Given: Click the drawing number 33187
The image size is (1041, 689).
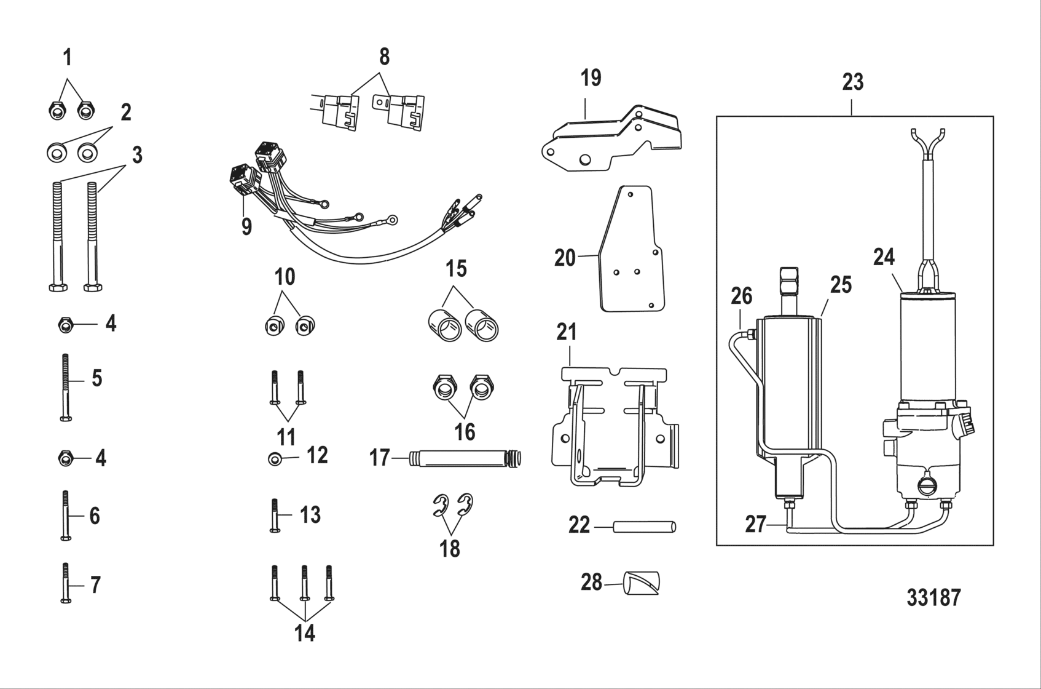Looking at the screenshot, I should point(933,597).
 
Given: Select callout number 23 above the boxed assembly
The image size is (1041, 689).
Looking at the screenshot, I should point(852,82).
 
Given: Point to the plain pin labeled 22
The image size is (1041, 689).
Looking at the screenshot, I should point(644,527).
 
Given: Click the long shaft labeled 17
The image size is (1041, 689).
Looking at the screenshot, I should point(461,458).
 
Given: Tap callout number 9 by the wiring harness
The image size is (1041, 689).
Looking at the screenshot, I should point(246,227).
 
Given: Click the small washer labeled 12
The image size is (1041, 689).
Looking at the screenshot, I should point(274,459).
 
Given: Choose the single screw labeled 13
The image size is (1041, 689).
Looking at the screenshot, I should point(275,515).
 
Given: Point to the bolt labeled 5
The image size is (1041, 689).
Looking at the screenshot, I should point(66,388).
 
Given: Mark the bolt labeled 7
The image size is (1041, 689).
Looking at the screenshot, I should point(66,583).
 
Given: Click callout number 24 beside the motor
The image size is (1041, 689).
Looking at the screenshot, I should point(884,257).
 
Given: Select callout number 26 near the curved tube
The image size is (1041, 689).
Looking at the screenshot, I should point(742,296).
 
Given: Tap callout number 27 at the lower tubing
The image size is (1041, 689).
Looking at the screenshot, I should point(755,524).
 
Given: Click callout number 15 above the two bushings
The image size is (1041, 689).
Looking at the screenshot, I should point(456,269).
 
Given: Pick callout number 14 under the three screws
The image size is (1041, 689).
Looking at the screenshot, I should point(304,633).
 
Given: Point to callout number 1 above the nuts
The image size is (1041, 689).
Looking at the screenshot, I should point(68,58).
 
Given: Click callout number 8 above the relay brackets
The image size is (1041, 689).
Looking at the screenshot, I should point(384,57).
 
